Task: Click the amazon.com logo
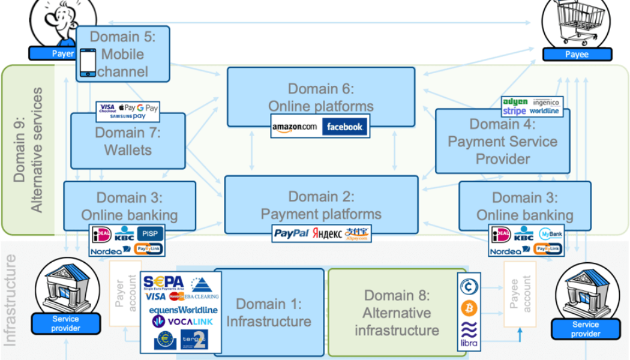pos(294,127)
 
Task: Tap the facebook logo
pos(344,127)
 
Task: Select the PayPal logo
pos(291,234)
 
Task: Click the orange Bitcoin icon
pos(469,308)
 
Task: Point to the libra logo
pos(469,334)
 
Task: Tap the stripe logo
pos(514,111)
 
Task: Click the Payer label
pos(63,54)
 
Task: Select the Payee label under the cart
pos(577,55)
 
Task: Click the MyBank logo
pos(550,234)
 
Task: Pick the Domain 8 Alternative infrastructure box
pos(397,312)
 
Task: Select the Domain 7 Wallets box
pos(128,140)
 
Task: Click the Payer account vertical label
pos(125,293)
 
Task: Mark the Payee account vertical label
pos(520,293)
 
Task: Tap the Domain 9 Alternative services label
pos(29,150)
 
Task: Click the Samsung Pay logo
pos(127,116)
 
